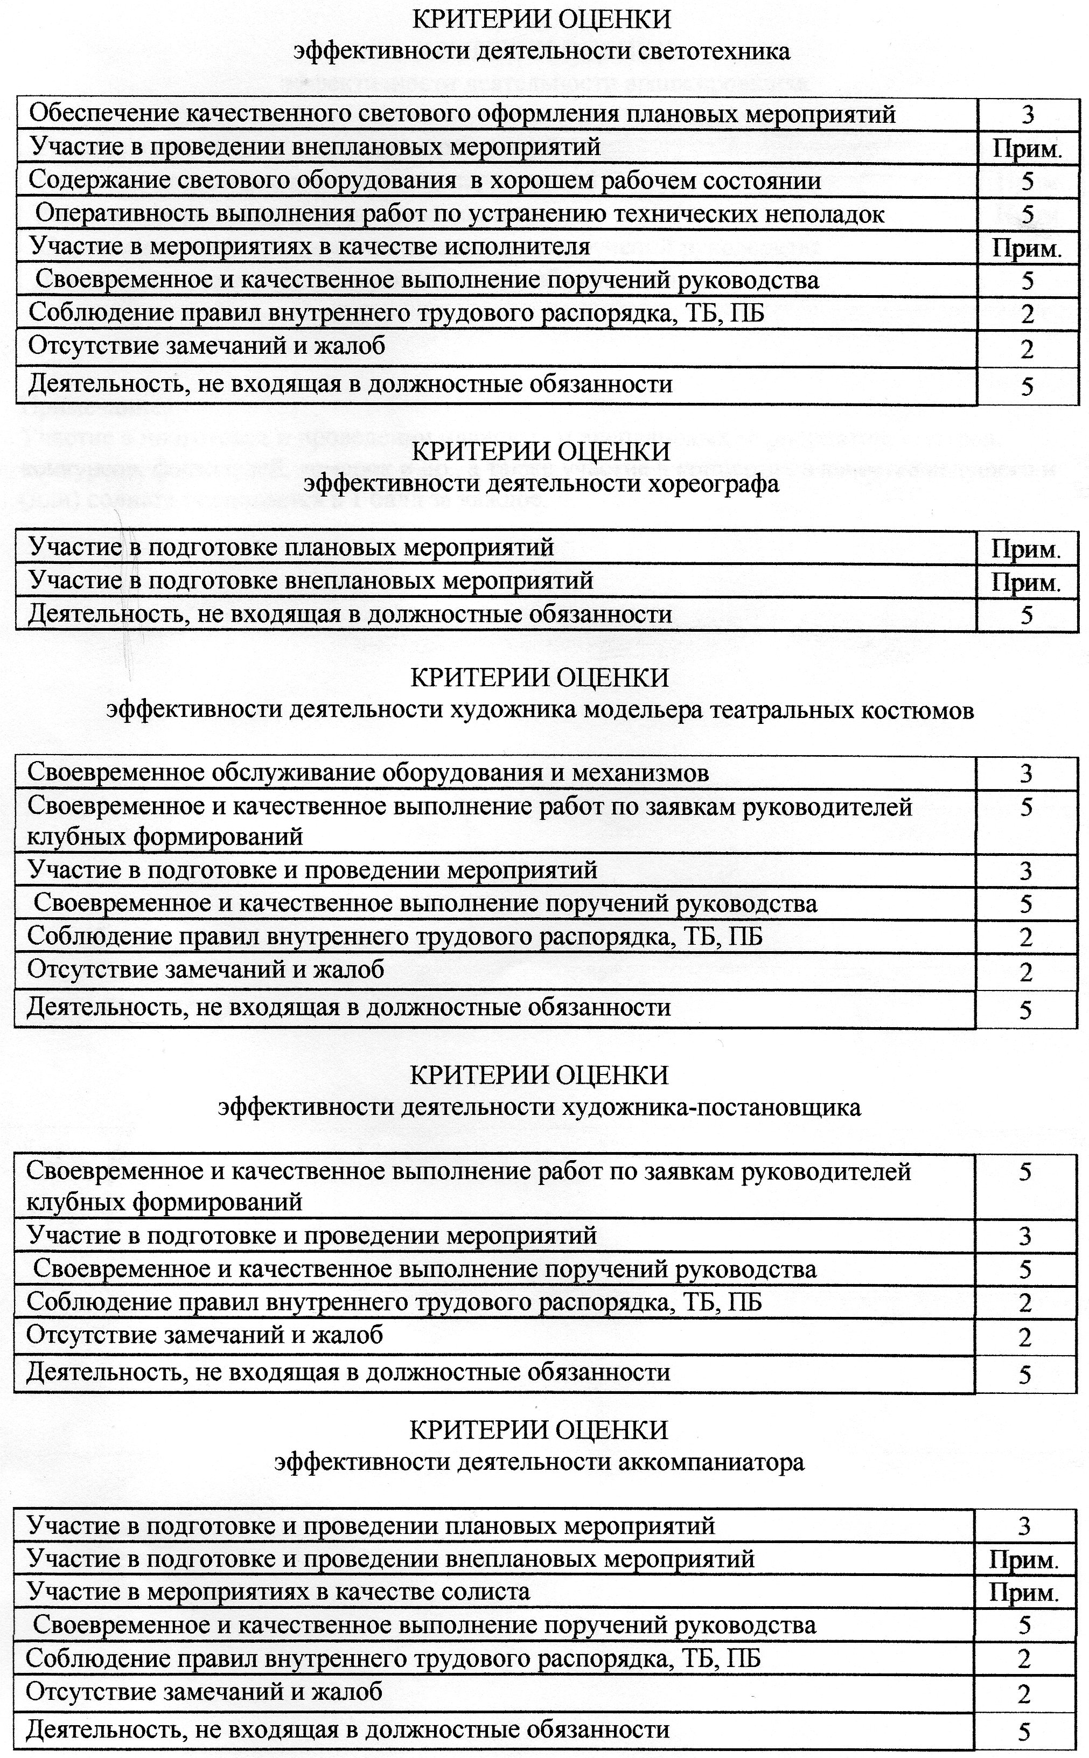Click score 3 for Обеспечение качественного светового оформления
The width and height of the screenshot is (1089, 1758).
tap(1028, 115)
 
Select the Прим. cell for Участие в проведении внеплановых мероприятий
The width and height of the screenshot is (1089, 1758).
tap(1028, 149)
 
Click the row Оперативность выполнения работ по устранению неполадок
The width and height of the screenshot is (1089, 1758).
tap(459, 214)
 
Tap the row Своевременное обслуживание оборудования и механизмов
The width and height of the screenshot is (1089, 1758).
tap(367, 773)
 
